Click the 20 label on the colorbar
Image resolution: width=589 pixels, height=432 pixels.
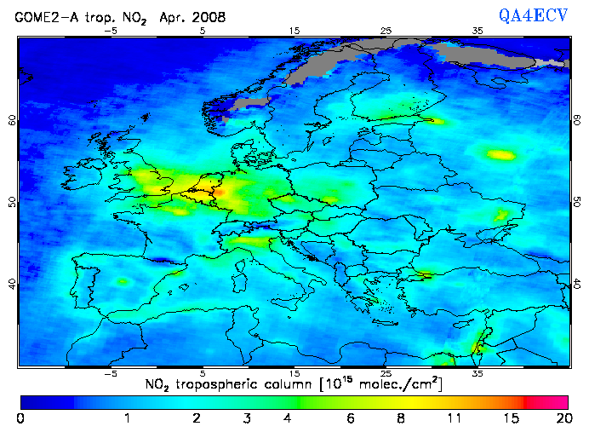click(562, 419)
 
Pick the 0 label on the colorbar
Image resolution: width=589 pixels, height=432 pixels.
click(20, 419)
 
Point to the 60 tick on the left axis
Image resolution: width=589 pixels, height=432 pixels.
click(12, 120)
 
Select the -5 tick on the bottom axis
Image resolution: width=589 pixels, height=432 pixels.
click(110, 373)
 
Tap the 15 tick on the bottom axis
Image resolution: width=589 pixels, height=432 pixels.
click(294, 373)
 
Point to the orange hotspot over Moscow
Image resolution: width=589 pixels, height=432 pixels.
click(500, 154)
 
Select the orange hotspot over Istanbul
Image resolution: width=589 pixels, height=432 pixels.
click(424, 275)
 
